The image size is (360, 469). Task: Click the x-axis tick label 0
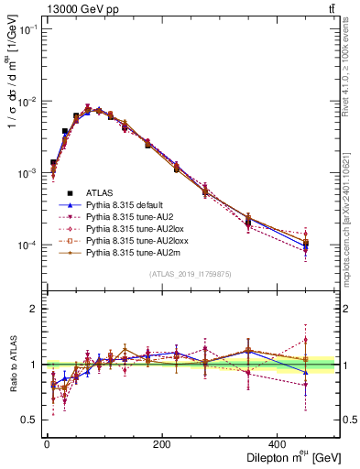coord(47,444)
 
